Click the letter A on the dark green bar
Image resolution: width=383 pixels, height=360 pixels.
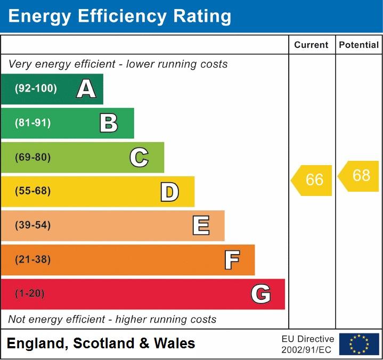(86, 89)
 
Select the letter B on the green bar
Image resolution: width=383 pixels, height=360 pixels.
(109, 123)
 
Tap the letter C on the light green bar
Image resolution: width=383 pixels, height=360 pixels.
(139, 157)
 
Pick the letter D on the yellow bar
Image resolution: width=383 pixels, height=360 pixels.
(169, 192)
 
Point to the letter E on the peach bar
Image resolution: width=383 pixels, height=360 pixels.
(200, 226)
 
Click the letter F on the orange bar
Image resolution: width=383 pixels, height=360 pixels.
(231, 260)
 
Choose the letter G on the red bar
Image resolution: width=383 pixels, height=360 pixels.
(260, 294)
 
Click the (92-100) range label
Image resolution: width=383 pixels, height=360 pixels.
(36, 89)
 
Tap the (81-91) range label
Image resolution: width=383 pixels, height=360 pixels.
(33, 123)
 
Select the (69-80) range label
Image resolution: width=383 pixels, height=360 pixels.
(33, 157)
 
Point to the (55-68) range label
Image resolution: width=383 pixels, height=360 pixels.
(33, 191)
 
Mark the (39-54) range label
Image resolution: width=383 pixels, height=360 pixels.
(33, 225)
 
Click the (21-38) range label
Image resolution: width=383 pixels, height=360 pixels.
(33, 260)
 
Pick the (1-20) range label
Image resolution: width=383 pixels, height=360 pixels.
(30, 294)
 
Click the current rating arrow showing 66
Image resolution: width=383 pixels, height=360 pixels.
(312, 180)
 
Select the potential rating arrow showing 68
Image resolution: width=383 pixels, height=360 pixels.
(359, 176)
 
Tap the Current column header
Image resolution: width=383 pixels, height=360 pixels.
(311, 45)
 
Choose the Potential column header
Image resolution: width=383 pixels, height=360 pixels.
(358, 45)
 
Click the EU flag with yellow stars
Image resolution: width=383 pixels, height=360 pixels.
(359, 344)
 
